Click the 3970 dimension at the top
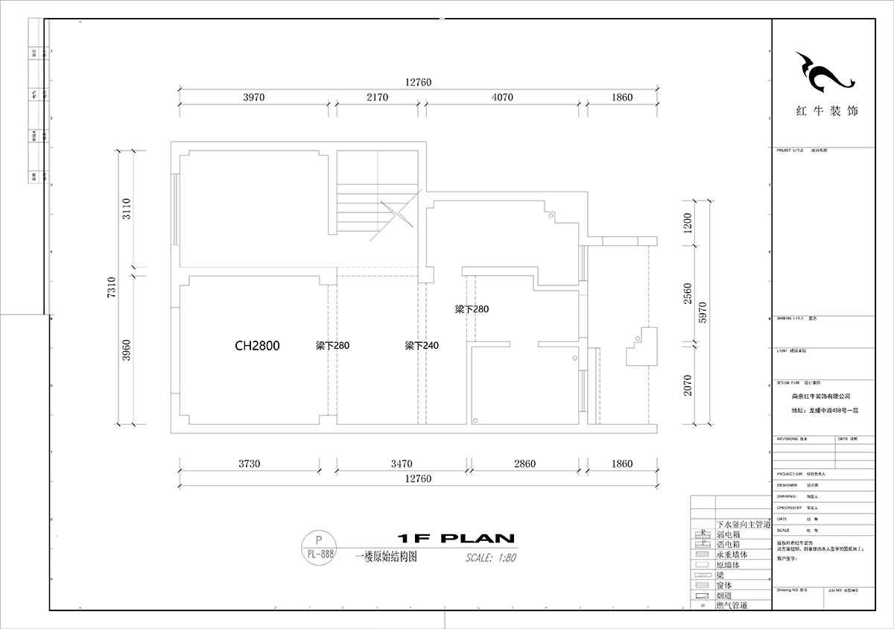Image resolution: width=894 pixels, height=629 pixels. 254,98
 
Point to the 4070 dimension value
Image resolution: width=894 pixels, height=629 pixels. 503,98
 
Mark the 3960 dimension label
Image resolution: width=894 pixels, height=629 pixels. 127,350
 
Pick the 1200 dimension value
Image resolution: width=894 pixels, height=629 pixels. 688,221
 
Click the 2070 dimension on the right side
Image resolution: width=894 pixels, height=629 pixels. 688,385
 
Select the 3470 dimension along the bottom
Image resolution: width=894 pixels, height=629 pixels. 400,464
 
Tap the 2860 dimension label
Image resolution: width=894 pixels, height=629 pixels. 524,464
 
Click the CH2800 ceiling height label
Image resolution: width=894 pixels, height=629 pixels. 257,346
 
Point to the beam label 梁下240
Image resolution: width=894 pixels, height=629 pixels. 422,346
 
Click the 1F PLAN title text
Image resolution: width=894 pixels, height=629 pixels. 456,538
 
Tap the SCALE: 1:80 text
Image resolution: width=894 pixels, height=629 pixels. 490,557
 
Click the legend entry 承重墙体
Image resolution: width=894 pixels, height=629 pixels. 733,555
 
